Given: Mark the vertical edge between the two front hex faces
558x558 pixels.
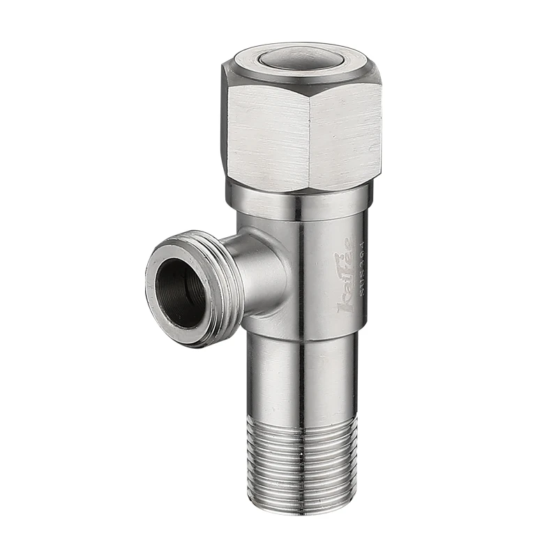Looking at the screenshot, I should click(310, 139).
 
